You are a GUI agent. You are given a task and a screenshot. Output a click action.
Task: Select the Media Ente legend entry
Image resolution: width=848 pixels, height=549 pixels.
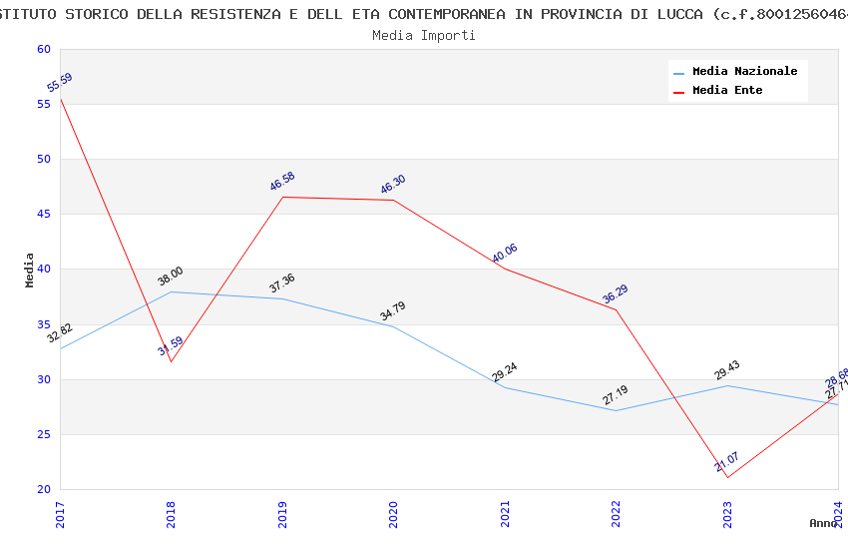[727, 91]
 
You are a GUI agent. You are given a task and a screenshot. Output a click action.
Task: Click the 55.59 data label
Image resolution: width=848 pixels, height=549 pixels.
[60, 83]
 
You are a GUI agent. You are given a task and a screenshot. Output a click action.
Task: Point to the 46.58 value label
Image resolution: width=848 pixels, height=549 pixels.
[282, 182]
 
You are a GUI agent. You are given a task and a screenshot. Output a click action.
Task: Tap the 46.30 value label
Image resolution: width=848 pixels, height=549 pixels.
[393, 185]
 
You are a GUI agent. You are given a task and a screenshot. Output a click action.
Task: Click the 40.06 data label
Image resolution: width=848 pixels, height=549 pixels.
[505, 254]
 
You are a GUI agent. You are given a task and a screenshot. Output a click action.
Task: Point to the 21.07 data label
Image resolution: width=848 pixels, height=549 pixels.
[726, 462]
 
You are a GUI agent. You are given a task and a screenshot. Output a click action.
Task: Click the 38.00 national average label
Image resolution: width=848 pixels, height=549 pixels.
[171, 276]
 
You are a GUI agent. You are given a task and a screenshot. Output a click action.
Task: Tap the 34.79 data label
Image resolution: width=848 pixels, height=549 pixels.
[393, 311]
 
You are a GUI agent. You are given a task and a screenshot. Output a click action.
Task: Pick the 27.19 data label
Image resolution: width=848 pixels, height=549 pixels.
[616, 395]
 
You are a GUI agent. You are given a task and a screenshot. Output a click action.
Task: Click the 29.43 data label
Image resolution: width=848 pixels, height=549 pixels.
[727, 370]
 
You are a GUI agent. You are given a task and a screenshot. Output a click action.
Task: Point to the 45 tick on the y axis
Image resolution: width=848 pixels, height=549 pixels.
[43, 215]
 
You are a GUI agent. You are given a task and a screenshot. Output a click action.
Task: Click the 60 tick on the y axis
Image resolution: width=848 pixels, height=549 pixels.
[43, 50]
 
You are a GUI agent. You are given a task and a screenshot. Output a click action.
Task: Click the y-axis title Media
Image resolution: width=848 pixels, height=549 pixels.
[30, 270]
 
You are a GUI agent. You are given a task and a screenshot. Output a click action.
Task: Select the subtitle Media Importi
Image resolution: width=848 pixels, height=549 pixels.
[424, 36]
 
